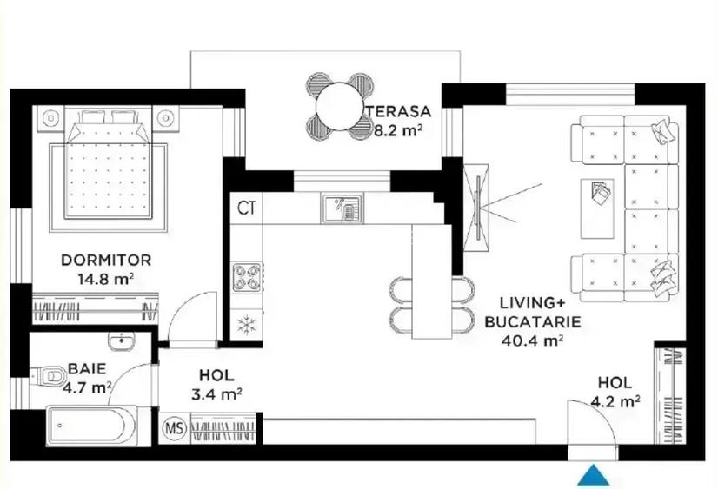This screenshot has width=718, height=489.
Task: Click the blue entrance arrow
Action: click(x=595, y=475)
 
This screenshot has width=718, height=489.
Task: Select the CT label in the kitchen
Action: click(x=246, y=208)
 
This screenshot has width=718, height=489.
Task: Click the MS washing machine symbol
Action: click(x=175, y=429)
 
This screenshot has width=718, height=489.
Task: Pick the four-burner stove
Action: click(x=246, y=277)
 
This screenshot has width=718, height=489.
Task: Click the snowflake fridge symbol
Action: click(x=246, y=325)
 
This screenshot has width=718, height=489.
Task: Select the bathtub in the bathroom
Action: click(x=90, y=427)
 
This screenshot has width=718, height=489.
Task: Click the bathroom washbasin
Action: click(x=122, y=340)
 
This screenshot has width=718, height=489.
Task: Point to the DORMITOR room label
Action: click(x=106, y=260)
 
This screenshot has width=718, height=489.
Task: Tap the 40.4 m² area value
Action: click(x=529, y=340)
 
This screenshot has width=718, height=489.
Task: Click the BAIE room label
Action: click(x=87, y=368)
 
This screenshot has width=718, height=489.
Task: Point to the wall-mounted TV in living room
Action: click(x=477, y=206)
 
